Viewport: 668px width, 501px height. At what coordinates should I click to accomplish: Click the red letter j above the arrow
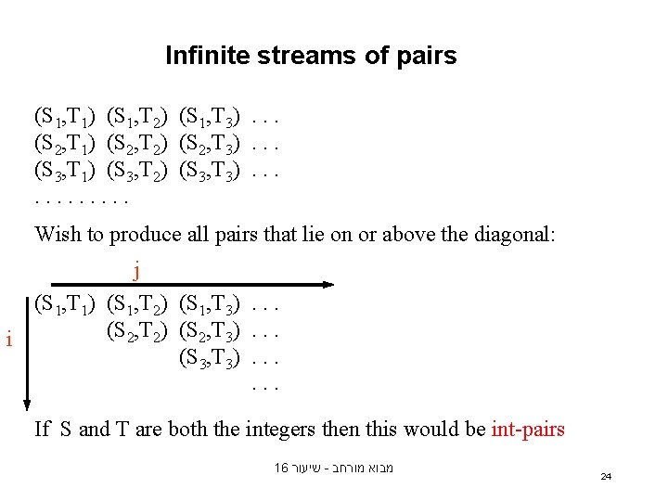pyautogui.click(x=137, y=270)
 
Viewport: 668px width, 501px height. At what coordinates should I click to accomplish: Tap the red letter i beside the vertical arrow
pyautogui.click(x=8, y=340)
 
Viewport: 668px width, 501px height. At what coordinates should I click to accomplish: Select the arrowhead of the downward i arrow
pyautogui.click(x=27, y=404)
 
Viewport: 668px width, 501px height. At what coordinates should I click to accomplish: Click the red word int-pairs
pyautogui.click(x=527, y=429)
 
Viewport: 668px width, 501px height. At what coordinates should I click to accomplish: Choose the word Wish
pyautogui.click(x=57, y=234)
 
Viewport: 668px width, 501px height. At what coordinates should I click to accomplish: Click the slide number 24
pyautogui.click(x=606, y=476)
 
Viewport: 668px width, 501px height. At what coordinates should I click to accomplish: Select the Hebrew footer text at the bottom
pyautogui.click(x=334, y=469)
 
